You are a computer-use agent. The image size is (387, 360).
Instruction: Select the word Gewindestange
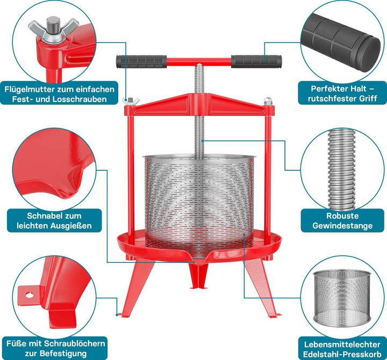(x=342, y=226)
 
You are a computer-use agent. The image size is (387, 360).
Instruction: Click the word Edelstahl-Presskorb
(x=342, y=354)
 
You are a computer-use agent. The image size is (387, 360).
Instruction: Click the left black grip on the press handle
(x=141, y=62)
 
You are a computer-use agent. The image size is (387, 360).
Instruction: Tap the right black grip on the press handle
(x=256, y=62)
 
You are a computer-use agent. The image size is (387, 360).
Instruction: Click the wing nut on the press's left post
(x=130, y=101)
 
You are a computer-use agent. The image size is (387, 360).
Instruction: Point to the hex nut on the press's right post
(x=269, y=101)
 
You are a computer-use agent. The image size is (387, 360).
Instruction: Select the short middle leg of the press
(x=198, y=275)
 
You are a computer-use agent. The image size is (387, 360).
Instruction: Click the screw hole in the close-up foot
(x=30, y=294)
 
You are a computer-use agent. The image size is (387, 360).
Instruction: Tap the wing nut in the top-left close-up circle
(x=53, y=28)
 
